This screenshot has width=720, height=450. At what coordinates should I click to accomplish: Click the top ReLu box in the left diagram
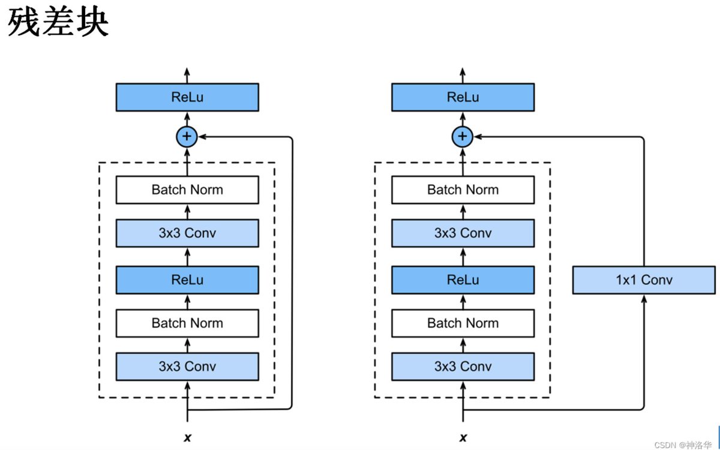point(187,97)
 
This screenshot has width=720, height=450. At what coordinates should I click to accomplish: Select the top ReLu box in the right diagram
point(463,97)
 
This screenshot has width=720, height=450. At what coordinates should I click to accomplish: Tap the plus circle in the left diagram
point(187,137)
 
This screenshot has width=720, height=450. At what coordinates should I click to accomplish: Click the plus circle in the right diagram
point(462,137)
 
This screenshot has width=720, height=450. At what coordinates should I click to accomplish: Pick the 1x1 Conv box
point(644,280)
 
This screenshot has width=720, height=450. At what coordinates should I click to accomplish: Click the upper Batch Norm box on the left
point(187,190)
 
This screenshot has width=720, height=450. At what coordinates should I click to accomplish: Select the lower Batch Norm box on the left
point(187,323)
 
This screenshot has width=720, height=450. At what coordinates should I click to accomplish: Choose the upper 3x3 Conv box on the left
point(187,233)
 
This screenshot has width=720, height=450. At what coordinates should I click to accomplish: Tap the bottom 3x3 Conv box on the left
point(187,367)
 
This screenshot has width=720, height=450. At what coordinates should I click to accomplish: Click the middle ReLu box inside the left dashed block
point(187,280)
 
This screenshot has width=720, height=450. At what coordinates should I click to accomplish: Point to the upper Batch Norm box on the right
point(463,190)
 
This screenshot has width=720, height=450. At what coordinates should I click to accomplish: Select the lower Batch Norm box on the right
point(463,323)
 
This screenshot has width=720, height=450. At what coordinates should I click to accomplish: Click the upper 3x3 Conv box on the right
point(463,233)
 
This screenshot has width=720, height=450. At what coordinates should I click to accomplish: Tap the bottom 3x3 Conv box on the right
point(463,367)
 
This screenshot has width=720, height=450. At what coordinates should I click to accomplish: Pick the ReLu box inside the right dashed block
point(463,280)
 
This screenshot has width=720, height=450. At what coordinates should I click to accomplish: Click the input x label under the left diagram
point(187,437)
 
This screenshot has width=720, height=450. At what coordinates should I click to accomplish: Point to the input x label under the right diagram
point(463,437)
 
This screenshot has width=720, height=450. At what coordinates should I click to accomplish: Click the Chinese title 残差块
point(58,22)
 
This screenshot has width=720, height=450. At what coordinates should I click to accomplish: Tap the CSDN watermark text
point(683,445)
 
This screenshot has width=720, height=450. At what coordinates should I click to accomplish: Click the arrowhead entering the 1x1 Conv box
point(644,299)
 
